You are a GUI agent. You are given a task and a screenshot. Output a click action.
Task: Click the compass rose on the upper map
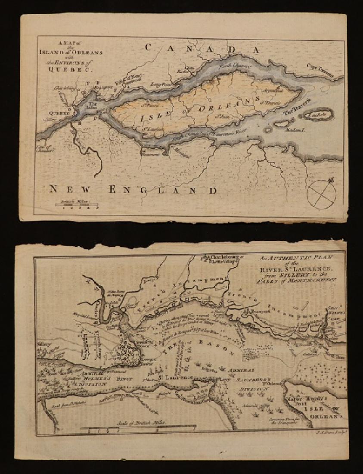tap(322, 194)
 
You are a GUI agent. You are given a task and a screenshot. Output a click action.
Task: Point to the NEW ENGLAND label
tap(133, 189)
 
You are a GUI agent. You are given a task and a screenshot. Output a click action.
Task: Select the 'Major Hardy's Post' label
tap(308, 399)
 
